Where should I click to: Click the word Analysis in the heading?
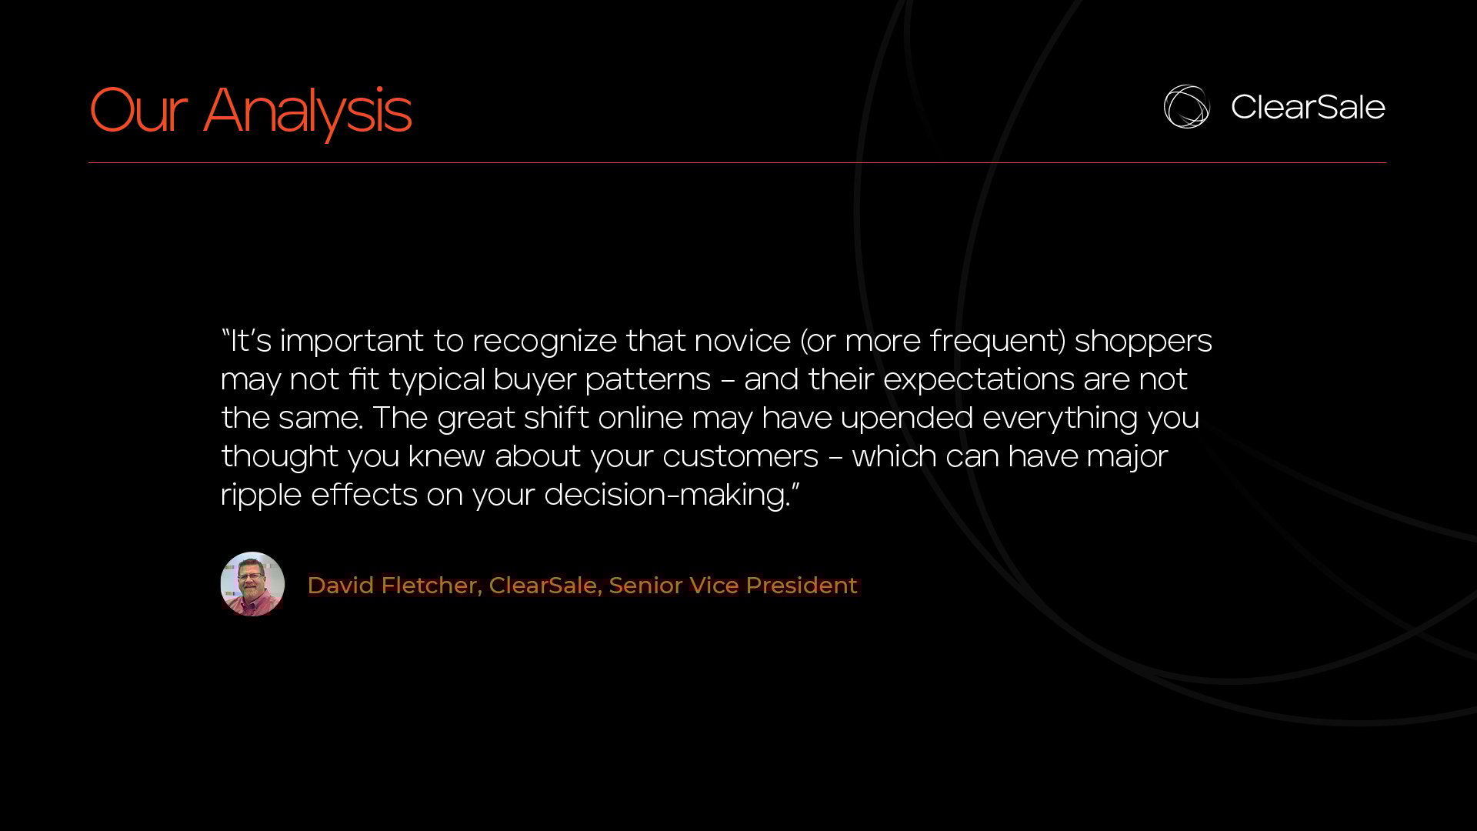tap(308, 112)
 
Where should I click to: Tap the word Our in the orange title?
tap(138, 110)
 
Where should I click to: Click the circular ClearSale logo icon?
tap(1186, 106)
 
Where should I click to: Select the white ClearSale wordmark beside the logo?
tap(1308, 107)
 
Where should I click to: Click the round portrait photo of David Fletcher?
tap(252, 584)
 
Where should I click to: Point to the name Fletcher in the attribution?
tap(432, 586)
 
